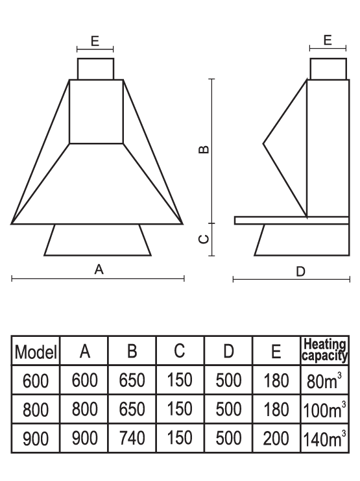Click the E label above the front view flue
coord(95,41)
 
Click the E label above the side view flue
coord(328,40)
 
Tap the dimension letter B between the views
coord(204,149)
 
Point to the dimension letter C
coord(204,239)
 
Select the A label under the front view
coord(99,269)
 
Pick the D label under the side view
coord(300,271)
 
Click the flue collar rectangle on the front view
coord(95,69)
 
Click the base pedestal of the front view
coord(98,240)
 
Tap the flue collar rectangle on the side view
coord(328,69)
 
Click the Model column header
coord(36,352)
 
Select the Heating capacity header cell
coord(325,350)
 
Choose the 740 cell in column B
coord(132,438)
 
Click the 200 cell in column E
coord(276,438)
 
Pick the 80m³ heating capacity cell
coord(324,380)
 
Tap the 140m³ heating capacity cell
coord(325,438)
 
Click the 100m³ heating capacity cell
coord(325,409)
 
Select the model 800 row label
coord(36,410)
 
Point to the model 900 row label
coord(36,438)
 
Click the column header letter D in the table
coord(228,351)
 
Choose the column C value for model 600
coord(180,380)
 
